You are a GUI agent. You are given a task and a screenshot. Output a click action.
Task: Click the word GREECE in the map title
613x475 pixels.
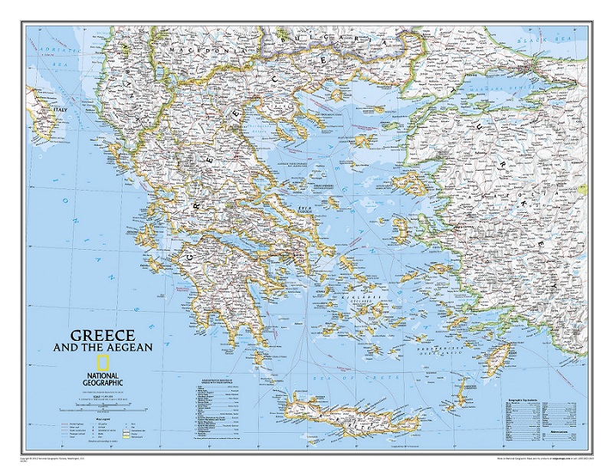pos(103,335)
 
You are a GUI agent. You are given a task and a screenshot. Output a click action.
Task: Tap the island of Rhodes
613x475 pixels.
pos(499,355)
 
